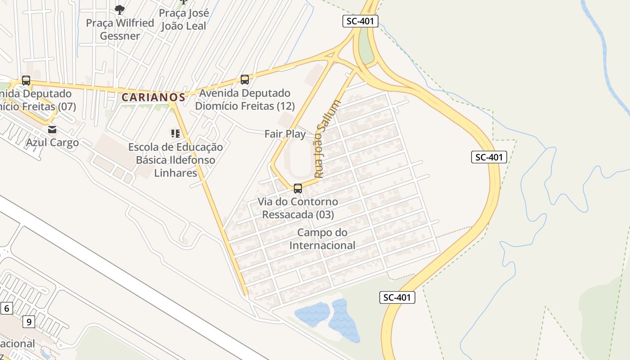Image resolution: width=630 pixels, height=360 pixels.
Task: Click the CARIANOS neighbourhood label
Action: click(x=153, y=97)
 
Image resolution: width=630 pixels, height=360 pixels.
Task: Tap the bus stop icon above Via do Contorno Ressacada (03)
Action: click(x=297, y=189)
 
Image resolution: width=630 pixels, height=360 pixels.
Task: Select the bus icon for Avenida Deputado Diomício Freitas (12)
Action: click(x=245, y=80)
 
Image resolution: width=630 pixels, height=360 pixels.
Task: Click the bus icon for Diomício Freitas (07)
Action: click(x=26, y=81)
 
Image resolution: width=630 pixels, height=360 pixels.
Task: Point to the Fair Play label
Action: click(x=285, y=134)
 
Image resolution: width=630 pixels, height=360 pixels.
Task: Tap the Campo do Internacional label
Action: click(x=322, y=239)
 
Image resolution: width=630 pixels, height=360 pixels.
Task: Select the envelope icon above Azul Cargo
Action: click(x=52, y=130)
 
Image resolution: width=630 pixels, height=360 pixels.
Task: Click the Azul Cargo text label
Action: click(x=52, y=143)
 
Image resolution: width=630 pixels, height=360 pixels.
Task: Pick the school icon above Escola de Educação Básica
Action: click(x=175, y=134)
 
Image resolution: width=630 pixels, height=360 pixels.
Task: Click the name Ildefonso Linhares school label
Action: click(x=175, y=160)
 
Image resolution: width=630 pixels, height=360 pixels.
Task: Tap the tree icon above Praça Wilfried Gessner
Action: click(x=119, y=9)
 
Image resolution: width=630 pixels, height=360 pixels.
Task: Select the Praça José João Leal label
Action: click(x=184, y=19)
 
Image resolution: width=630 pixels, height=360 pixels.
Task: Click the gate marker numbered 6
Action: click(x=6, y=308)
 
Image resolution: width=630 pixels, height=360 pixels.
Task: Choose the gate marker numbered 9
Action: click(x=29, y=322)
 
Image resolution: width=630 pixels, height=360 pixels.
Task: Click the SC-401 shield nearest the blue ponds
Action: click(x=397, y=297)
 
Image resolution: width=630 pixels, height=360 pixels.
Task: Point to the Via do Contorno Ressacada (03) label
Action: click(x=298, y=208)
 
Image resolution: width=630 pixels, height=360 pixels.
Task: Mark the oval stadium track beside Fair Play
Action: click(x=299, y=157)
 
